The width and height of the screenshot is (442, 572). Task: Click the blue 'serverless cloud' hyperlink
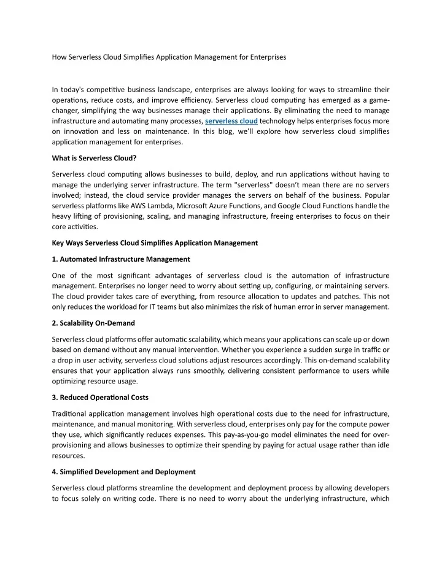(231, 120)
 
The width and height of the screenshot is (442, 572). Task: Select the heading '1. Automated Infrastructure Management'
(121, 259)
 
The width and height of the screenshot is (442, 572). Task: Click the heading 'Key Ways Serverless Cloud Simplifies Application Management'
(155, 243)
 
